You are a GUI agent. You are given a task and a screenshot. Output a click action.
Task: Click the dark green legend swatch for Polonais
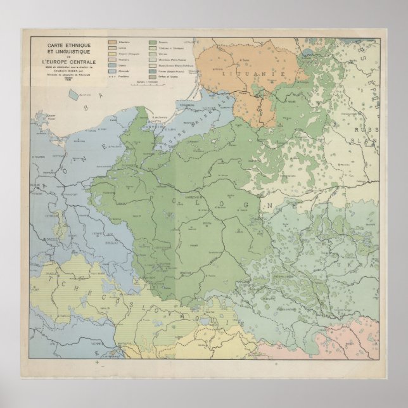click(x=153, y=41)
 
